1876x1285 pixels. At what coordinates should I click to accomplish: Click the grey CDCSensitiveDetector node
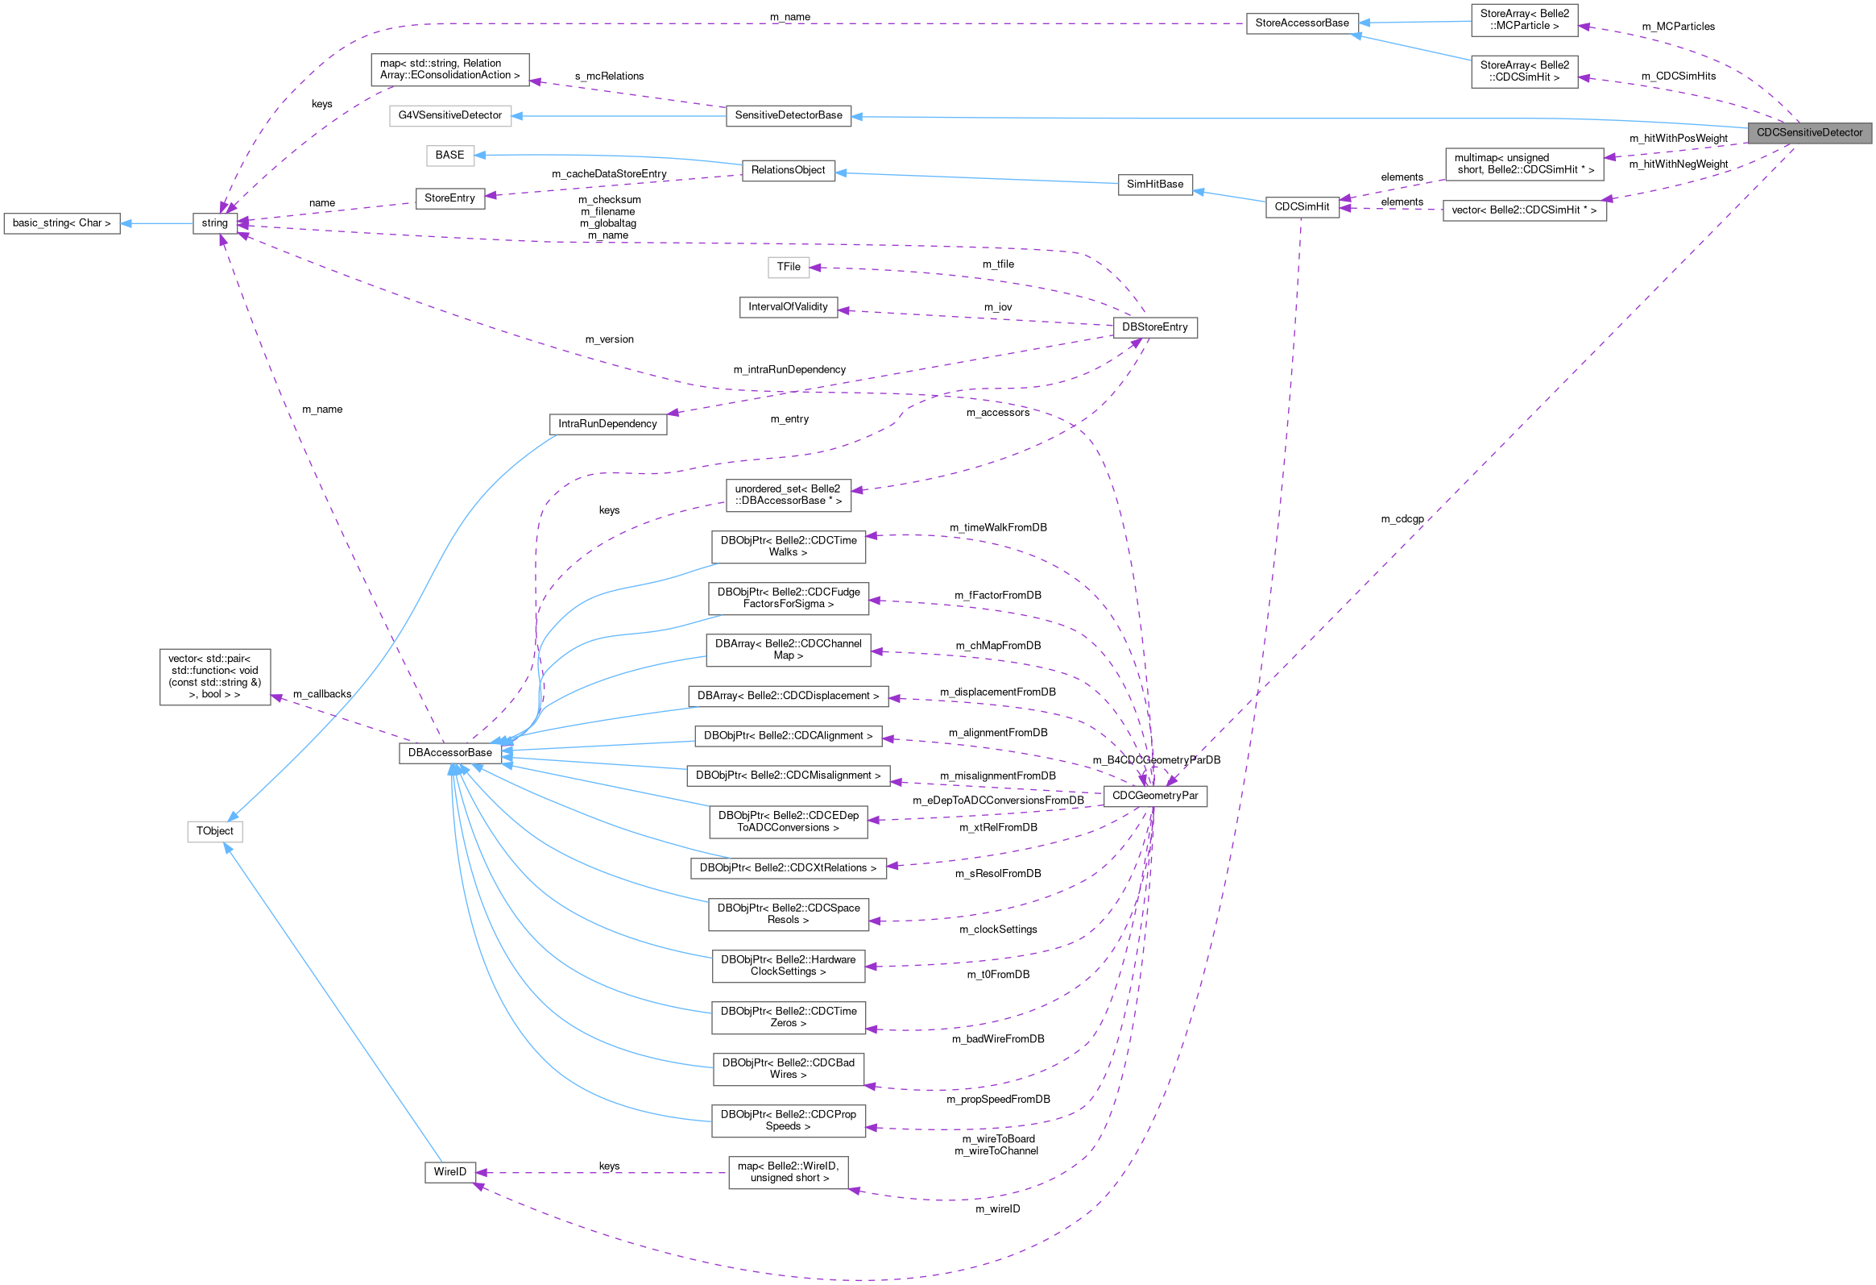(1808, 132)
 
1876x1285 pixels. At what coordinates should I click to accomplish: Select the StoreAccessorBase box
(1301, 23)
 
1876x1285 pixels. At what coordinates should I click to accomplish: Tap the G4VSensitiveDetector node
(449, 115)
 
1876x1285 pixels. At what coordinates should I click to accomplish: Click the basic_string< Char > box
(61, 223)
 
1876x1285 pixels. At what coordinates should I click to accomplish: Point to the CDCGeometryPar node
(1154, 796)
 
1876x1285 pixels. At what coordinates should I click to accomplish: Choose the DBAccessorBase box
(449, 753)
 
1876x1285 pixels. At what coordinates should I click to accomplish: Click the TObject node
(215, 831)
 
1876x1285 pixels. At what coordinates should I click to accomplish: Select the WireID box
(449, 1172)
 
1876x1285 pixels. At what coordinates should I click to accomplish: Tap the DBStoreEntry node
(1154, 327)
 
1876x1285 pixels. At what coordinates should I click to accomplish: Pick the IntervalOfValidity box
(788, 307)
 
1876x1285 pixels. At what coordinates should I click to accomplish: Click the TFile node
(788, 267)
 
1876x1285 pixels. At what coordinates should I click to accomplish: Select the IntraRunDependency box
(607, 424)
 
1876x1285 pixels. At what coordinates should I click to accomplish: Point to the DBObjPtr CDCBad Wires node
(788, 1068)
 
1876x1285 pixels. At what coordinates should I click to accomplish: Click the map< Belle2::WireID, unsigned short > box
(788, 1172)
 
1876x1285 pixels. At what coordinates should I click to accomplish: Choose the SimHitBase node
(1154, 184)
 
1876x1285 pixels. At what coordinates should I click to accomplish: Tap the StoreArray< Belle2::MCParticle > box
(1524, 19)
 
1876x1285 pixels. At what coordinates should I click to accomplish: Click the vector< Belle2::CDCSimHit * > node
(1524, 210)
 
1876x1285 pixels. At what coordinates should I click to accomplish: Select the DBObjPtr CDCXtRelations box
(788, 868)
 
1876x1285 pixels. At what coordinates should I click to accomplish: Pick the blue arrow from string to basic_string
(157, 223)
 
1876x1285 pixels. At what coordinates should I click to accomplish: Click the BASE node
(449, 155)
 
